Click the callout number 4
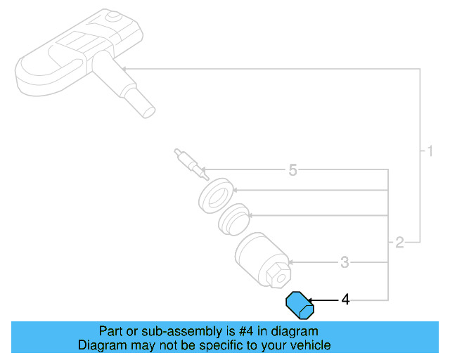tap(345, 300)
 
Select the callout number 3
tap(345, 263)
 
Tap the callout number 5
tap(293, 170)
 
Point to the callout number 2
tap(399, 243)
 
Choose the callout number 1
tap(426, 150)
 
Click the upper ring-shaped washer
tap(215, 194)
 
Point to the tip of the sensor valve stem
tap(148, 110)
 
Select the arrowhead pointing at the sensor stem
tap(126, 68)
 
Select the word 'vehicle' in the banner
tap(309, 345)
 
